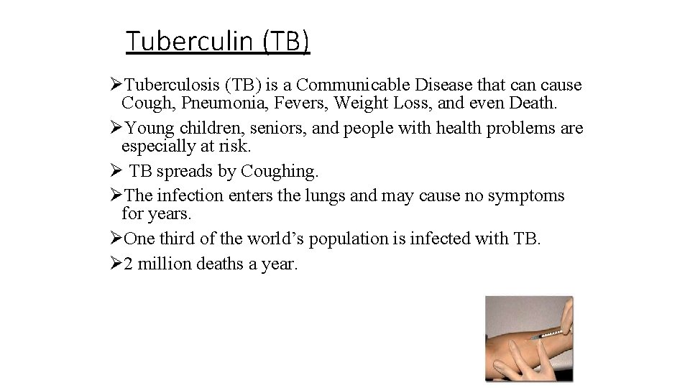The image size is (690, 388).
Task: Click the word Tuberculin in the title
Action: pyautogui.click(x=190, y=42)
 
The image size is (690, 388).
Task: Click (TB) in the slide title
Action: pyautogui.click(x=285, y=42)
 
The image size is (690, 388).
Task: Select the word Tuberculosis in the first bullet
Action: pyautogui.click(x=173, y=86)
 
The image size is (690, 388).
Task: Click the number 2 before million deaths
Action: pyautogui.click(x=128, y=264)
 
